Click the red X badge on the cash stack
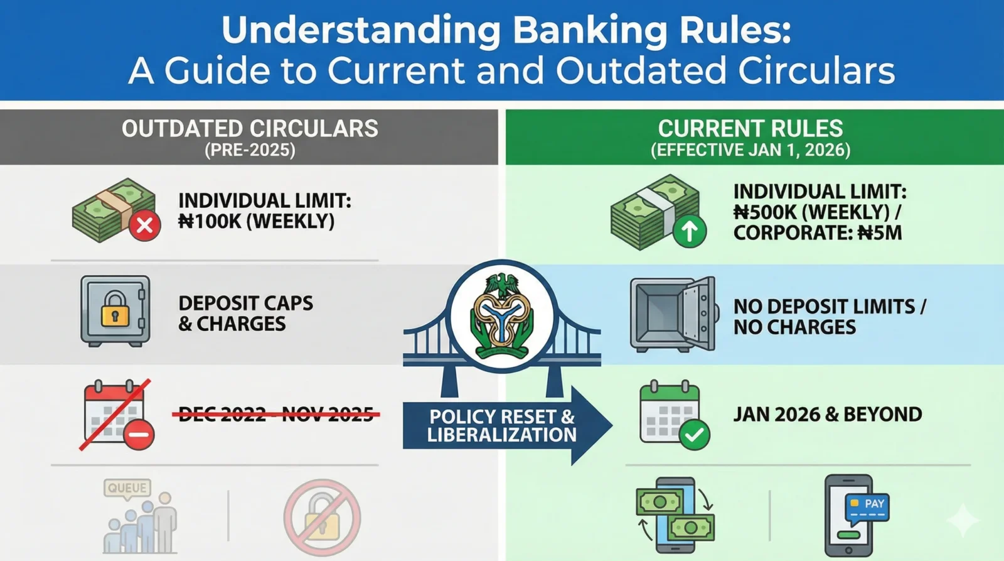click(x=144, y=225)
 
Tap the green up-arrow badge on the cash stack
click(x=689, y=231)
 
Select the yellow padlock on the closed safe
click(x=115, y=308)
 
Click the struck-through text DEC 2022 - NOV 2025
click(x=276, y=415)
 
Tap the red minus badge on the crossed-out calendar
click(x=139, y=434)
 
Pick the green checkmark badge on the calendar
click(x=694, y=435)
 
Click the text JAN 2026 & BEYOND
click(x=827, y=415)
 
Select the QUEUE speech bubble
click(x=127, y=488)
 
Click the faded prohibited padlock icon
click(x=322, y=518)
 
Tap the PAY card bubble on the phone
click(x=867, y=506)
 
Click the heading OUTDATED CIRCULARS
click(x=250, y=129)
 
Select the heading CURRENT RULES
click(x=750, y=129)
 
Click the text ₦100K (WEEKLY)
click(x=256, y=222)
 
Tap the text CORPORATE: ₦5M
click(x=817, y=233)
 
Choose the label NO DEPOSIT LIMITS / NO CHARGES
click(x=828, y=317)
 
